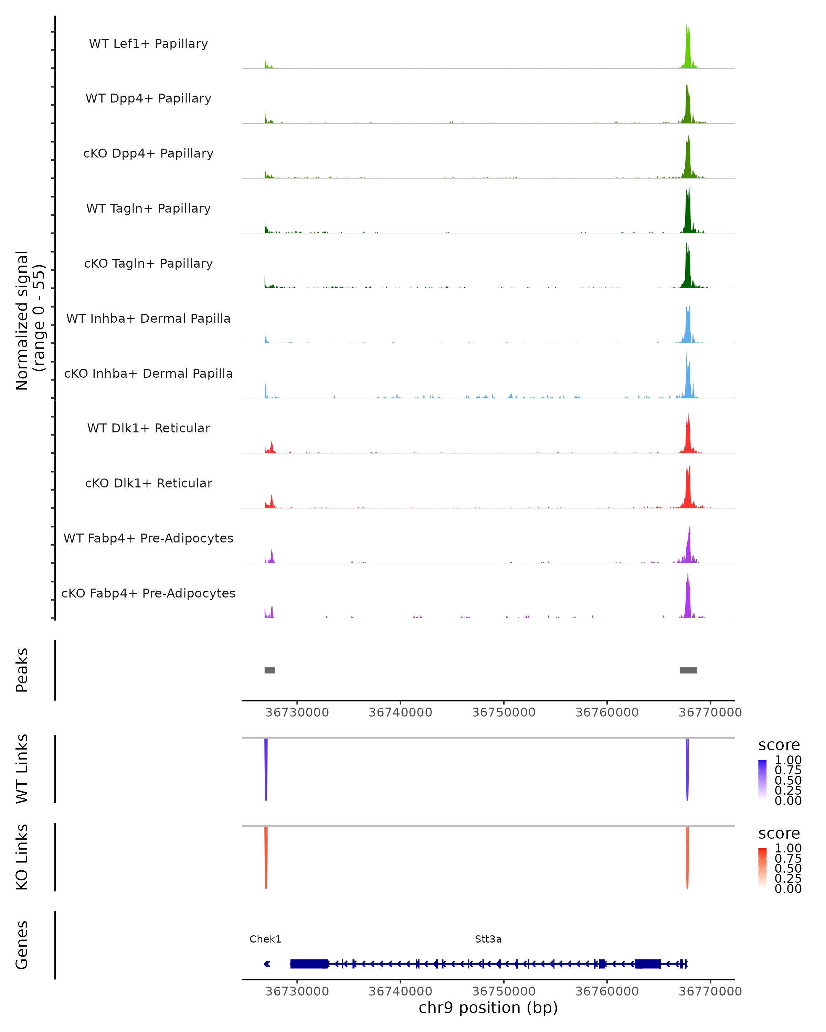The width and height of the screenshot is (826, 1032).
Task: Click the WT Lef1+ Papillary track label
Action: coord(148,44)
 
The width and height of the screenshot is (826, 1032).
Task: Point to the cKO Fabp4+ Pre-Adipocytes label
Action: coord(148,593)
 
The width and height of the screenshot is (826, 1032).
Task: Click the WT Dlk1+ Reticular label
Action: coord(148,428)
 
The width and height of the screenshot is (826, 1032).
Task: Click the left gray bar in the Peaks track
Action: coord(269,670)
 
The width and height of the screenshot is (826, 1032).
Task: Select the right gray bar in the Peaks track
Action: coord(688,670)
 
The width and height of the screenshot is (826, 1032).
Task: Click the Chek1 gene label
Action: coord(265,939)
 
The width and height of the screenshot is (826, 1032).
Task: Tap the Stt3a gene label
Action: coord(488,939)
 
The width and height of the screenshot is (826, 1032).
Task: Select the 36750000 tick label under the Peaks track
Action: coord(504,712)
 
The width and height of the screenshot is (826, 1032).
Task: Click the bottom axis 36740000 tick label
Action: coord(400,991)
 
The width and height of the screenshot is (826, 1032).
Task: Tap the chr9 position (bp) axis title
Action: coord(488,1008)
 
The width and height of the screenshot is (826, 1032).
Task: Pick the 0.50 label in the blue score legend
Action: coord(788,780)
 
